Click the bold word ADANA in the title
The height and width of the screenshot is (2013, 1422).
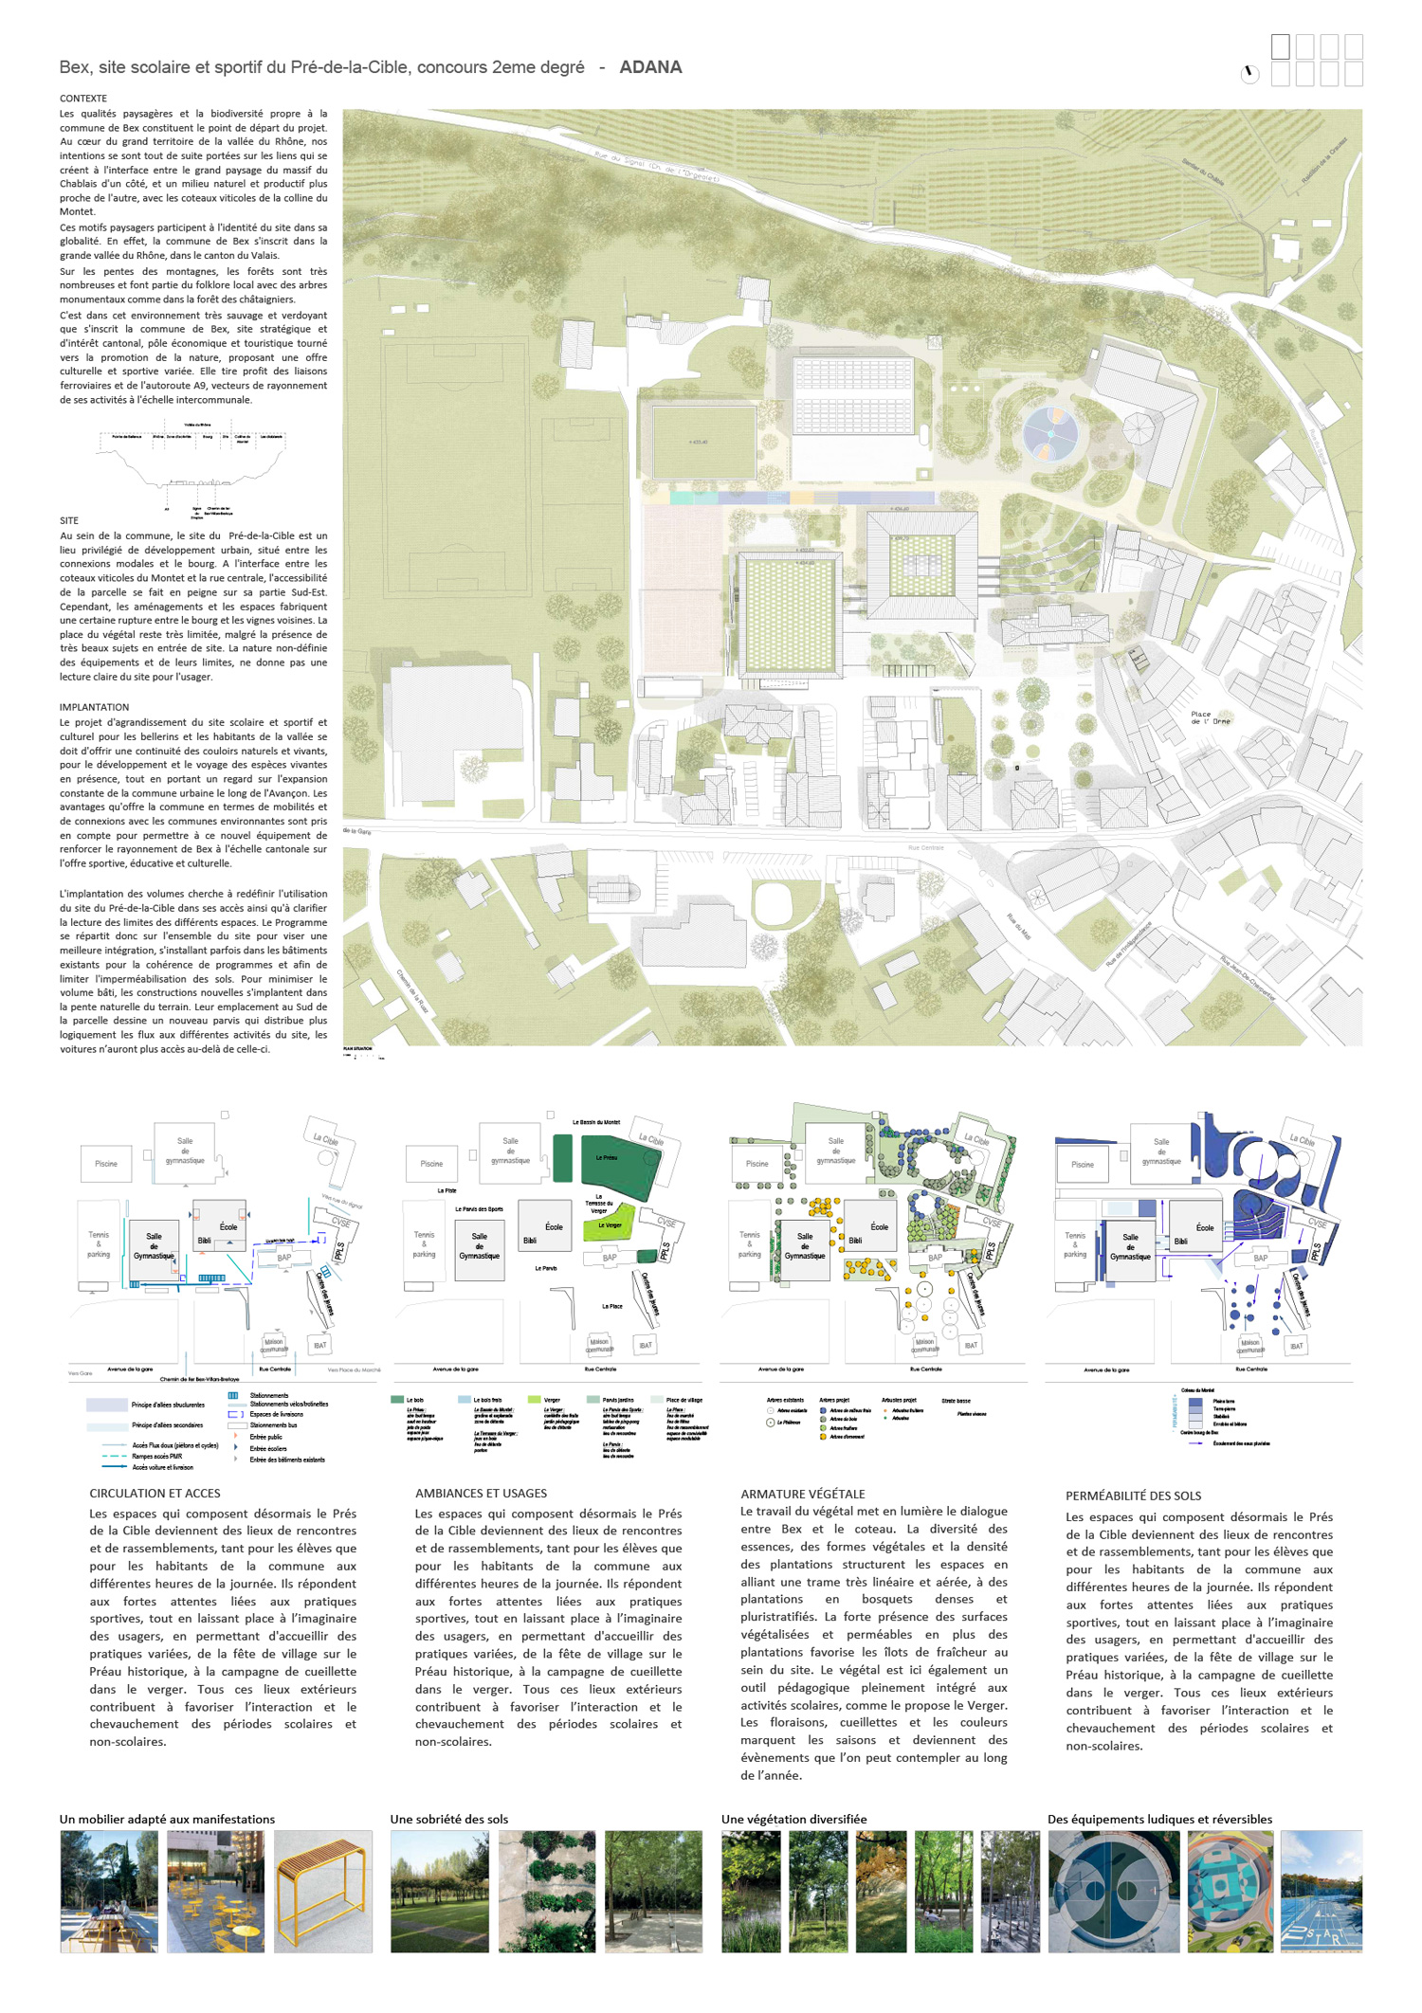tap(650, 67)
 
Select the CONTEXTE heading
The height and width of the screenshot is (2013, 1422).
tap(83, 99)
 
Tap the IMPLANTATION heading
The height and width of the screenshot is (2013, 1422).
tap(94, 707)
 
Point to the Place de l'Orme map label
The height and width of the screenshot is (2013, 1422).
tap(1210, 717)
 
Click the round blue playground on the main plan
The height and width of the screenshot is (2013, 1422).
tap(1050, 434)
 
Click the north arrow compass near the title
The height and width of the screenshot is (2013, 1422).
tap(1250, 74)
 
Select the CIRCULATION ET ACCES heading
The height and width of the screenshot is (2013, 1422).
tap(155, 1493)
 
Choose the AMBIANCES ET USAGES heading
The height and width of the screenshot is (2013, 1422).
tap(481, 1493)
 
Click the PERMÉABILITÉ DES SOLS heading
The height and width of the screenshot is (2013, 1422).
tap(1133, 1496)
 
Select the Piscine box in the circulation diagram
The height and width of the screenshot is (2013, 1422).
tap(106, 1164)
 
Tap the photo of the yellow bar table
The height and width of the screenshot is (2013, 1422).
tap(322, 1891)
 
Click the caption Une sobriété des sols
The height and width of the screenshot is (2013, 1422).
tap(448, 1819)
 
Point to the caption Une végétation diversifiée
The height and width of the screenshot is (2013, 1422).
tap(793, 1819)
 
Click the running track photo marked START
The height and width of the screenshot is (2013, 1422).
tap(1321, 1891)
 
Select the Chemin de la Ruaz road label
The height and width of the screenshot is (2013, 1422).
tap(412, 991)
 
